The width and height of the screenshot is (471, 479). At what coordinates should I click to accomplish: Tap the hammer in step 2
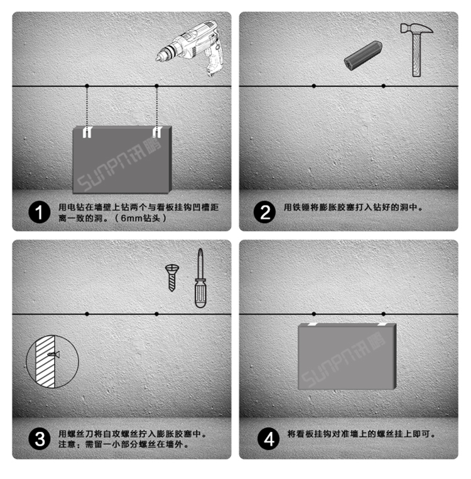pos(415,48)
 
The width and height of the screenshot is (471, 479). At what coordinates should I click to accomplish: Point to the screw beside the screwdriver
pos(171,277)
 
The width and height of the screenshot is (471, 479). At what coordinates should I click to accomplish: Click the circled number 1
pos(39,212)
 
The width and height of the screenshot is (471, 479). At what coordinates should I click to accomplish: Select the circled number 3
pos(39,438)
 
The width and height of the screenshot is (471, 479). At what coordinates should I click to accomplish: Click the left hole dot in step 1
pos(87,86)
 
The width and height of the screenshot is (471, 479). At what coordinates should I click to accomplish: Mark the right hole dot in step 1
pos(157,86)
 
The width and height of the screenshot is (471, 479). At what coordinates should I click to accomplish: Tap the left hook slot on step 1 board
pos(87,132)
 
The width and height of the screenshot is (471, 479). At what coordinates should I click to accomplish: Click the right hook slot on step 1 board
pos(157,132)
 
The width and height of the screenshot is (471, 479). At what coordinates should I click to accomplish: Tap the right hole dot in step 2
pos(384,86)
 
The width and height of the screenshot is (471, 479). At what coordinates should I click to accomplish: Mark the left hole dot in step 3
pos(87,312)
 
